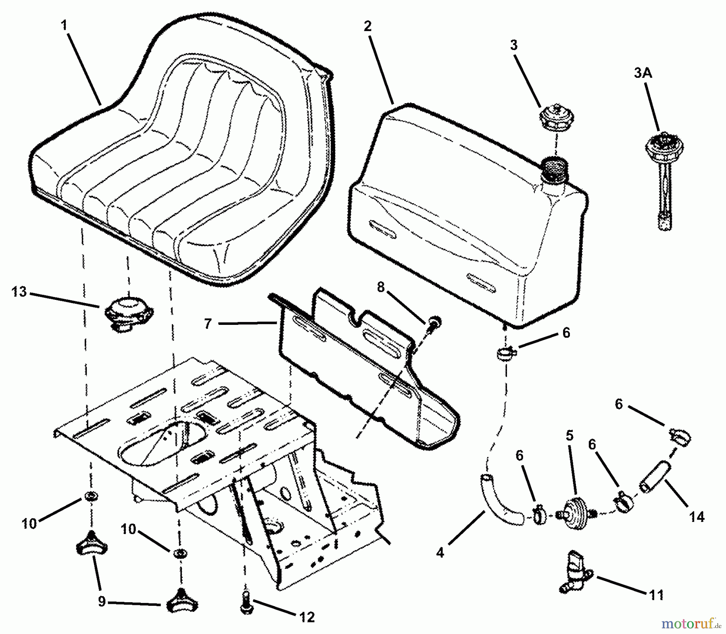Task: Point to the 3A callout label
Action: [643, 73]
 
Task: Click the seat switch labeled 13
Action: [125, 312]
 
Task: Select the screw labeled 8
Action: [434, 322]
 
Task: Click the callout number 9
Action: [102, 602]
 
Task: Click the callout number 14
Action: [697, 516]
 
